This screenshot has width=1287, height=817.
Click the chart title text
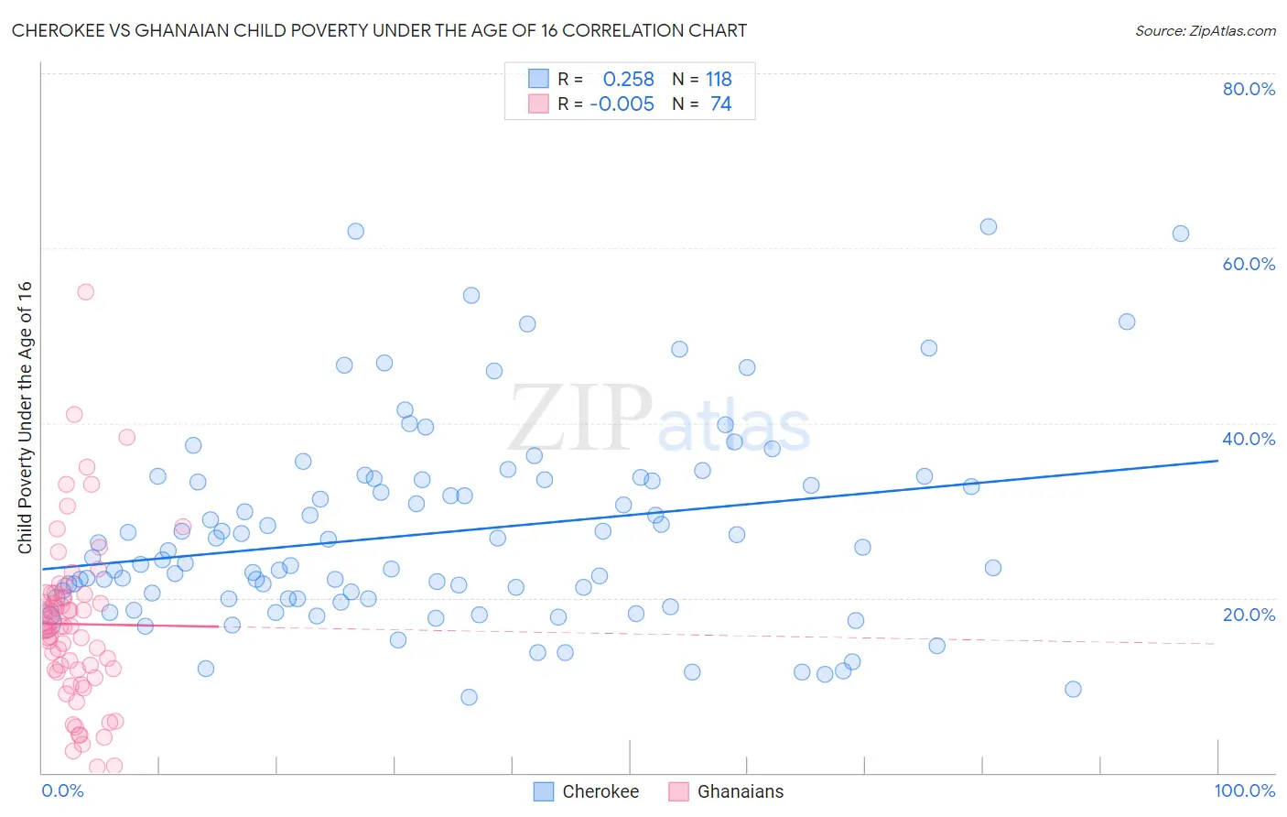(x=379, y=30)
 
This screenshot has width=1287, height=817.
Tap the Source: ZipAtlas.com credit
(x=1205, y=30)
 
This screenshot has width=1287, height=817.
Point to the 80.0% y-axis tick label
(x=1249, y=89)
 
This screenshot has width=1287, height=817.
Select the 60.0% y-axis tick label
(x=1249, y=264)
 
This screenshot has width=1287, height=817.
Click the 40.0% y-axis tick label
(x=1249, y=439)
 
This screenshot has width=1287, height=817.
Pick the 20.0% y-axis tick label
(x=1249, y=615)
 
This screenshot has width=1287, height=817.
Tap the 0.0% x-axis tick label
(x=62, y=790)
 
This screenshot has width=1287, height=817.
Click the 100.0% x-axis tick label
(x=1244, y=790)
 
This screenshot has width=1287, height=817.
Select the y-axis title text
(x=25, y=417)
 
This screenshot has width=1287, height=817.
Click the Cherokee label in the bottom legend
(x=600, y=791)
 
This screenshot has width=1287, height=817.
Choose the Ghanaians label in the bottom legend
(x=741, y=791)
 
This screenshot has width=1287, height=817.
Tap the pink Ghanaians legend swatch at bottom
(x=678, y=791)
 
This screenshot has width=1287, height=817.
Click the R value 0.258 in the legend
(x=628, y=80)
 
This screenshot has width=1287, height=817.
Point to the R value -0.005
(x=622, y=104)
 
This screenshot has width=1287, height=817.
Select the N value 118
(x=719, y=80)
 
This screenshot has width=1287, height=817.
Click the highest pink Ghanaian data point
(x=85, y=292)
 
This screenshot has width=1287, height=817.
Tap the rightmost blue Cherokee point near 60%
(x=1181, y=234)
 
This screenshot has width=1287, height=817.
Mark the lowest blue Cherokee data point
(x=469, y=697)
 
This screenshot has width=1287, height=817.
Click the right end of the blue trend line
(x=1217, y=461)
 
